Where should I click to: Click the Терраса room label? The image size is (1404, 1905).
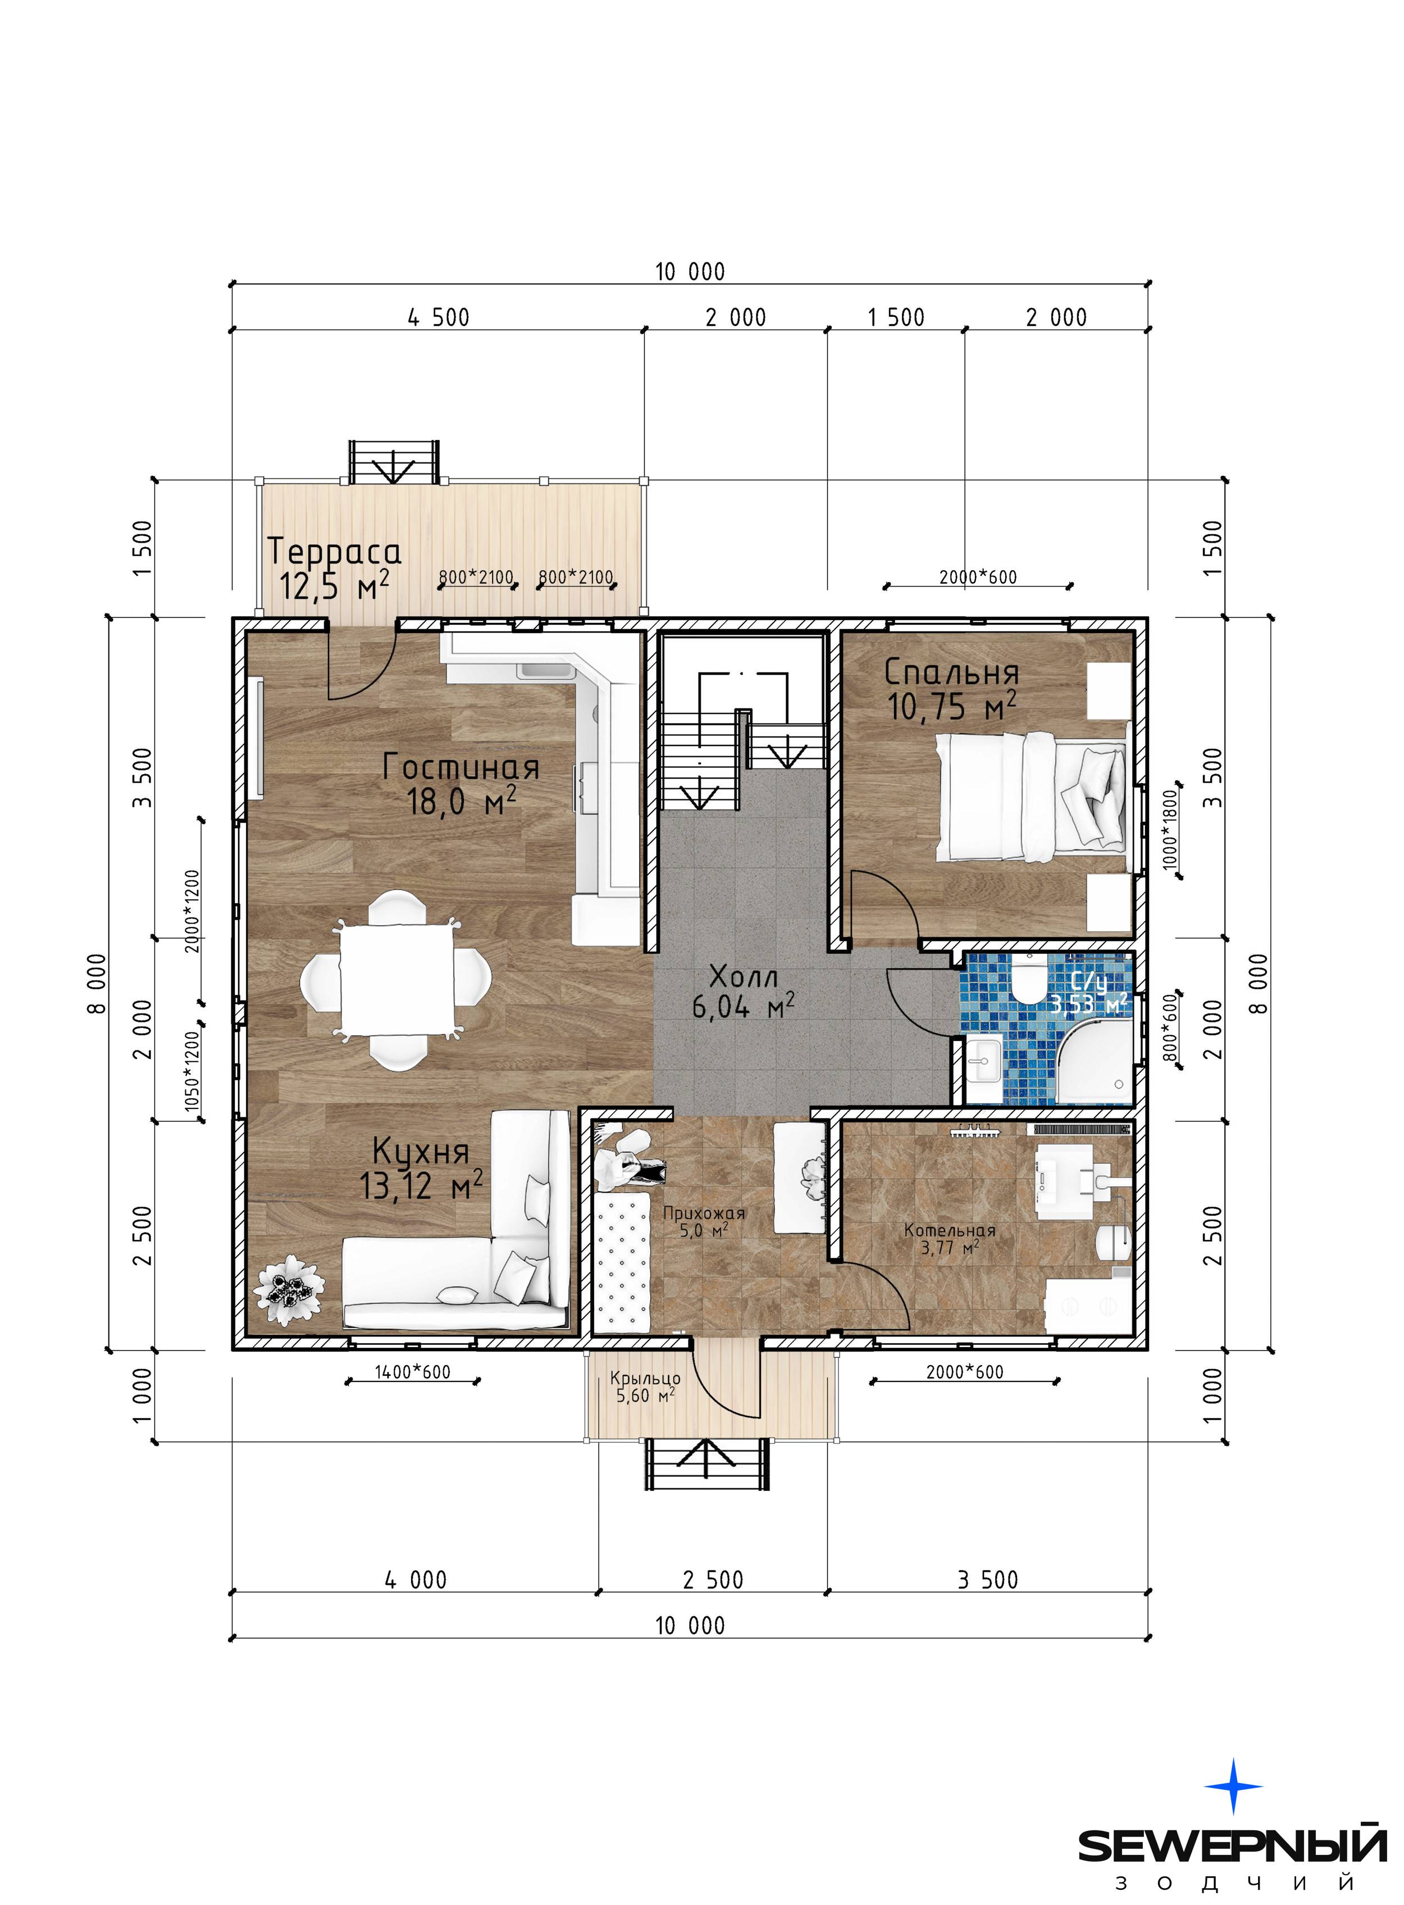[334, 552]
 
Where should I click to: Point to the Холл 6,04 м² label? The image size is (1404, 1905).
[744, 991]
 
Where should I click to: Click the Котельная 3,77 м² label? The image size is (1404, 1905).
[949, 1239]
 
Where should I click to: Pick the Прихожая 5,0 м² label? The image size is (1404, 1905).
[704, 1221]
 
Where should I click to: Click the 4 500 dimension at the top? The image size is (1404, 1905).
[439, 318]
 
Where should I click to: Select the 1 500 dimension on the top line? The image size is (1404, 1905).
[895, 318]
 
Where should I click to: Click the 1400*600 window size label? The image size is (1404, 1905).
[413, 1372]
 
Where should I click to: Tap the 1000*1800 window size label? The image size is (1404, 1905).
[1170, 827]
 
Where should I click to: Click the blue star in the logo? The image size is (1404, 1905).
[1234, 1786]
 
